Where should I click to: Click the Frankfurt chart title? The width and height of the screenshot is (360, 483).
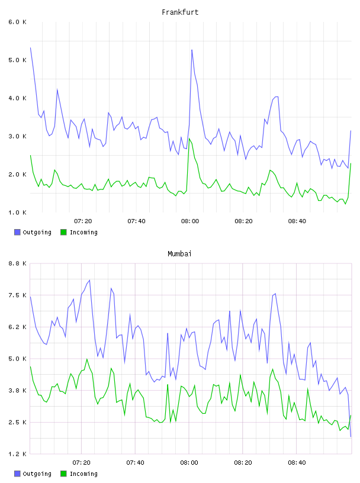[x=180, y=12]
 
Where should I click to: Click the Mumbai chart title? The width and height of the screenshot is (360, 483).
[x=179, y=254]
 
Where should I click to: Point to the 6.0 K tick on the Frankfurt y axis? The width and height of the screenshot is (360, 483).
[x=17, y=22]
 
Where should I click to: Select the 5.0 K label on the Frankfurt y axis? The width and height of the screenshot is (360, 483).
[x=17, y=60]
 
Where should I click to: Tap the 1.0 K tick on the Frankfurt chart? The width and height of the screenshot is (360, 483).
[x=17, y=212]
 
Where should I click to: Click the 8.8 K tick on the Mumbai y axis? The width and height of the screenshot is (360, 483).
[x=17, y=263]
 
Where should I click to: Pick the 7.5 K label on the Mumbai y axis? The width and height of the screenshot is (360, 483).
[x=17, y=295]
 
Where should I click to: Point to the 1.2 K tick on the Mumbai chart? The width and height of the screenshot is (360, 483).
[x=17, y=454]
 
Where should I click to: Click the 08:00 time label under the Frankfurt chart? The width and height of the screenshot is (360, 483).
[x=190, y=221]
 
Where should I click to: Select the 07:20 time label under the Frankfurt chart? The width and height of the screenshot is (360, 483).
[x=83, y=221]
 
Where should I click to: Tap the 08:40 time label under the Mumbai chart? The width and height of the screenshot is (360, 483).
[x=297, y=463]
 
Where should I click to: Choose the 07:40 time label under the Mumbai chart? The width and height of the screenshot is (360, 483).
[x=136, y=463]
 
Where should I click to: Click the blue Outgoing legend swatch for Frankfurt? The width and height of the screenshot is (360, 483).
[x=17, y=232]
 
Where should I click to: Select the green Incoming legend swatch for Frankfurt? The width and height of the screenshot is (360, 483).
[x=63, y=232]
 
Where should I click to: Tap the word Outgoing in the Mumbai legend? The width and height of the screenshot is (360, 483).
[x=37, y=474]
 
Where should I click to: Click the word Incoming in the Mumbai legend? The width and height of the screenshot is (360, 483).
[x=83, y=474]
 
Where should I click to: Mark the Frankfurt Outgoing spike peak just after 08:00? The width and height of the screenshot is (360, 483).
[x=192, y=50]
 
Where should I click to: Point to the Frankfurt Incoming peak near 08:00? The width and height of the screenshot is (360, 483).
[x=189, y=139]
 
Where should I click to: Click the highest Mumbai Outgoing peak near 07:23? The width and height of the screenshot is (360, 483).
[x=89, y=280]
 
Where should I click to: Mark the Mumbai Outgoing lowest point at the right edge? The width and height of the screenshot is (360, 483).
[x=351, y=436]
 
